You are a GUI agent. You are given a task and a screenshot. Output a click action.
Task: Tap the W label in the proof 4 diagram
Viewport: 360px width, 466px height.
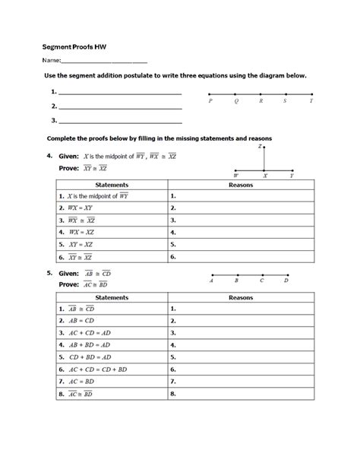pos(235,176)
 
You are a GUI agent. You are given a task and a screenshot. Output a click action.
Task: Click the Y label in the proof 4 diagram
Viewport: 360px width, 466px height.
pos(292,176)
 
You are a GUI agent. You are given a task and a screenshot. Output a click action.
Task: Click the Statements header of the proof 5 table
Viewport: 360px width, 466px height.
pos(111,297)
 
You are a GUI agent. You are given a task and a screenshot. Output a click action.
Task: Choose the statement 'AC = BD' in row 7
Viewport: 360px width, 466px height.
pos(78,382)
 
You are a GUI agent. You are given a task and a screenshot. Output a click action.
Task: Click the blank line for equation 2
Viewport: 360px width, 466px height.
pos(120,107)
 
